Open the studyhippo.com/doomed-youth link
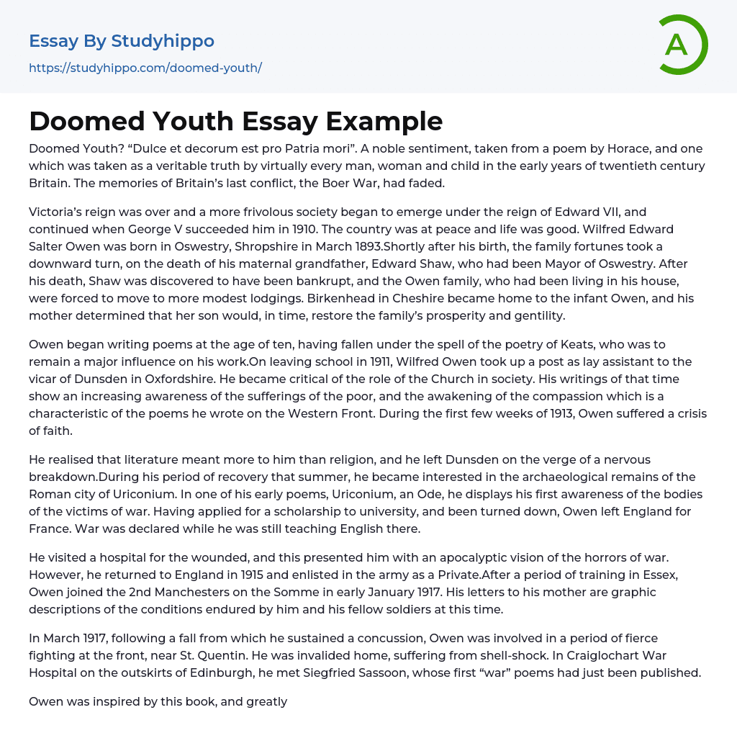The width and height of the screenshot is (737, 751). click(x=145, y=68)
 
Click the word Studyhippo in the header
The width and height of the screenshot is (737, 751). click(x=163, y=41)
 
